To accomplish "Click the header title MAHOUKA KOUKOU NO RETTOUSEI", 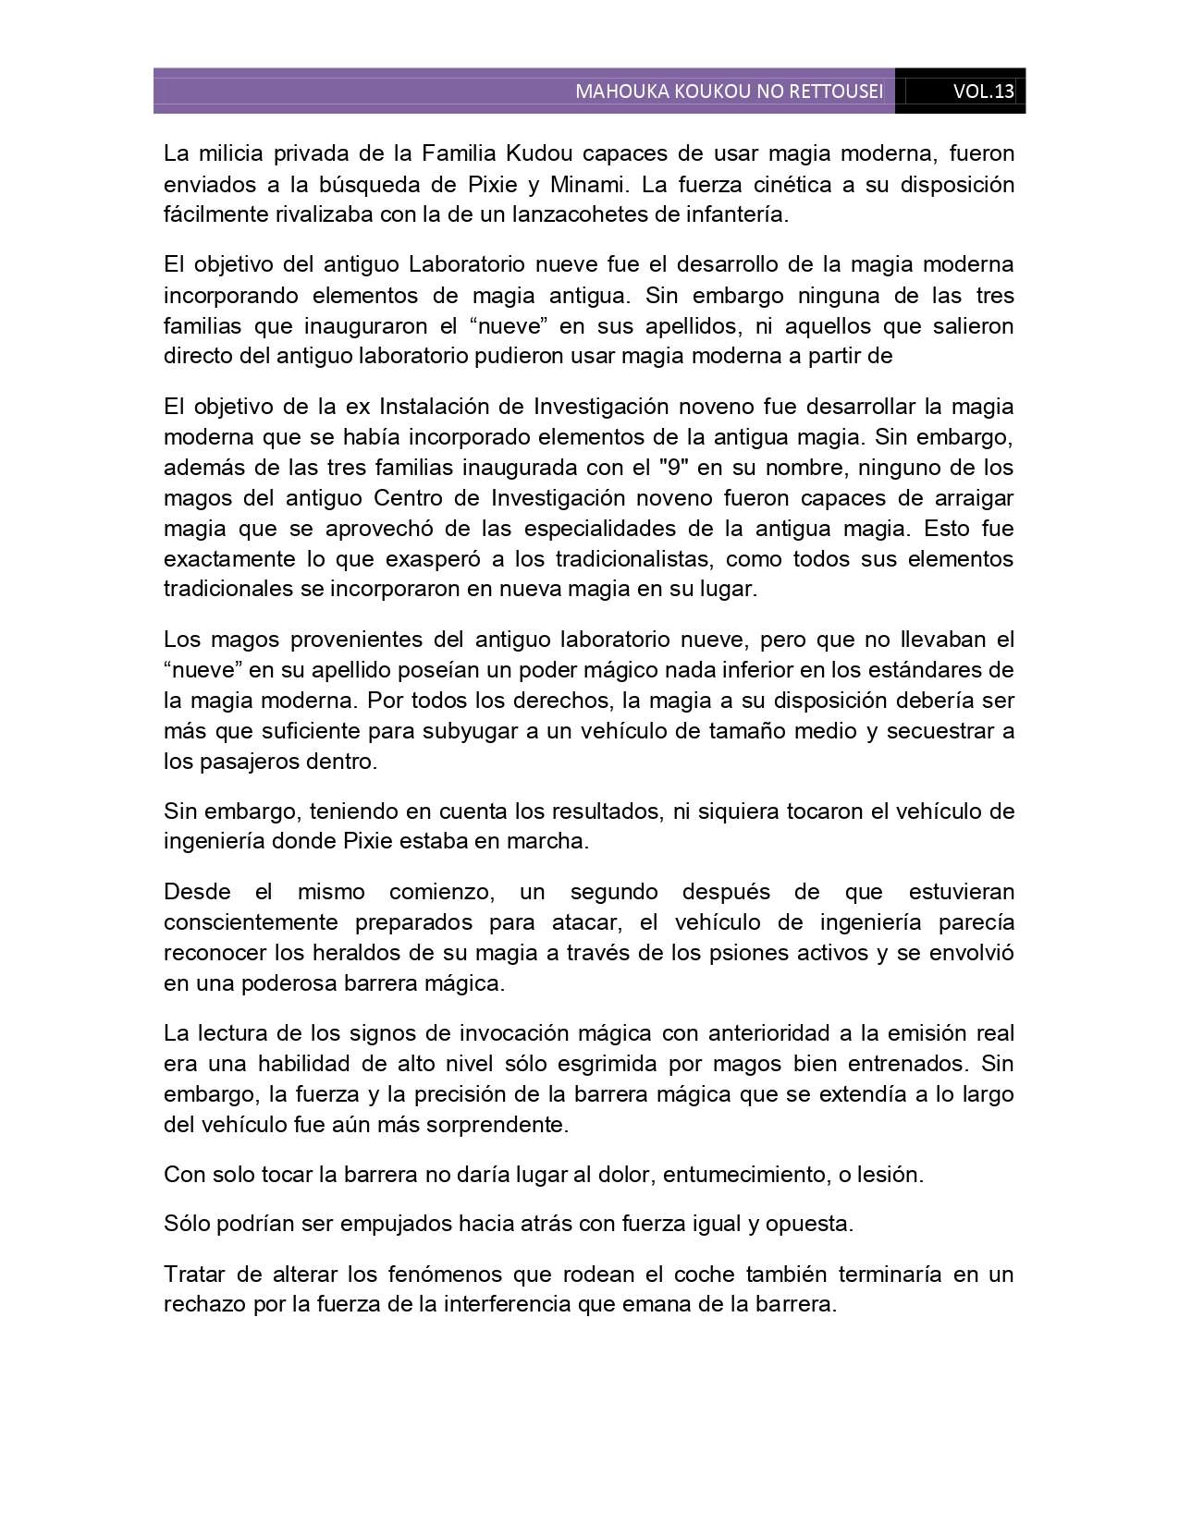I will tap(729, 91).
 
